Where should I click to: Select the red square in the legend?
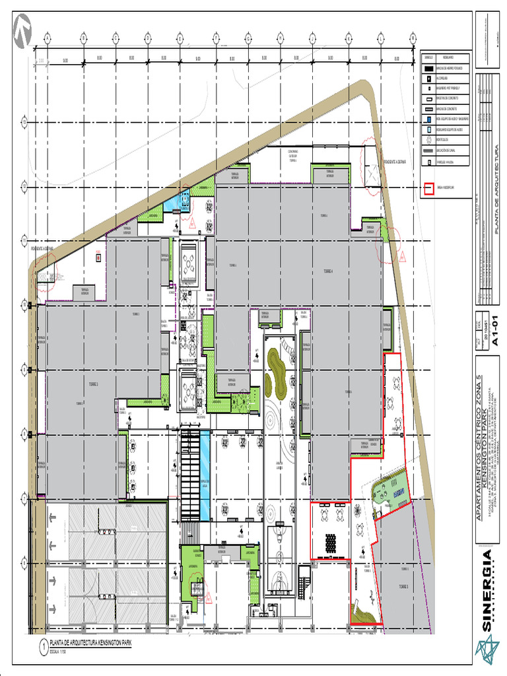428,187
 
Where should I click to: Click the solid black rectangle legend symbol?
428,68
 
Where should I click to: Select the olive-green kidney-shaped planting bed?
275,374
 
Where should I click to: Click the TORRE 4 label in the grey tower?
328,271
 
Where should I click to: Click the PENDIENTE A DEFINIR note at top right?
395,161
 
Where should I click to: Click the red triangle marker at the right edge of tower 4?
401,255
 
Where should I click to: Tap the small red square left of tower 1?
98,257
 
